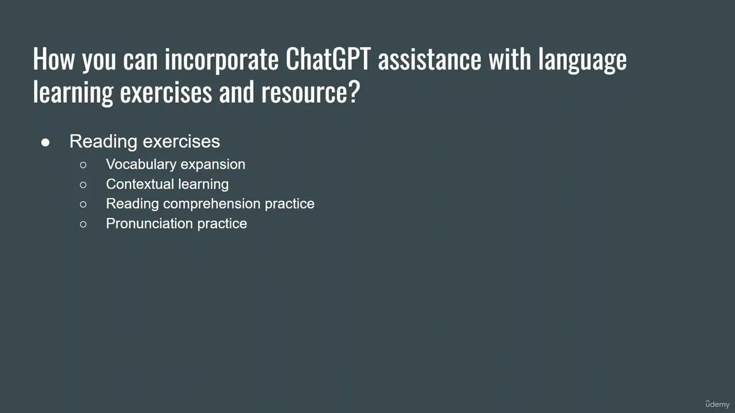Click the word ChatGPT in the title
coord(328,59)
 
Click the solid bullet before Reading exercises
coord(45,142)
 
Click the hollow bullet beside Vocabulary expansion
coord(83,165)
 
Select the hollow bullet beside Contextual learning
coord(83,185)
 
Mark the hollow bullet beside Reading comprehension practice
coord(83,204)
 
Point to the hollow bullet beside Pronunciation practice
coord(83,224)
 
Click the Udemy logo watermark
coord(717,404)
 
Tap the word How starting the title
coord(54,59)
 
